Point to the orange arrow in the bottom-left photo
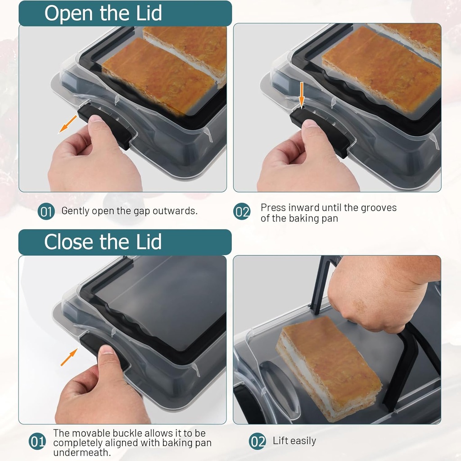pos(68,358)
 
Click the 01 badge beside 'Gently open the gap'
pos(46,211)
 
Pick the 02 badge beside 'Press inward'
pos(242,212)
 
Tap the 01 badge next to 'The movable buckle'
pos(37,442)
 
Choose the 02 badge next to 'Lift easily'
pos(257,441)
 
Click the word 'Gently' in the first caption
pos(75,211)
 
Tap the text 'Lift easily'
pos(294,441)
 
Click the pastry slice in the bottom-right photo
pos(329,367)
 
